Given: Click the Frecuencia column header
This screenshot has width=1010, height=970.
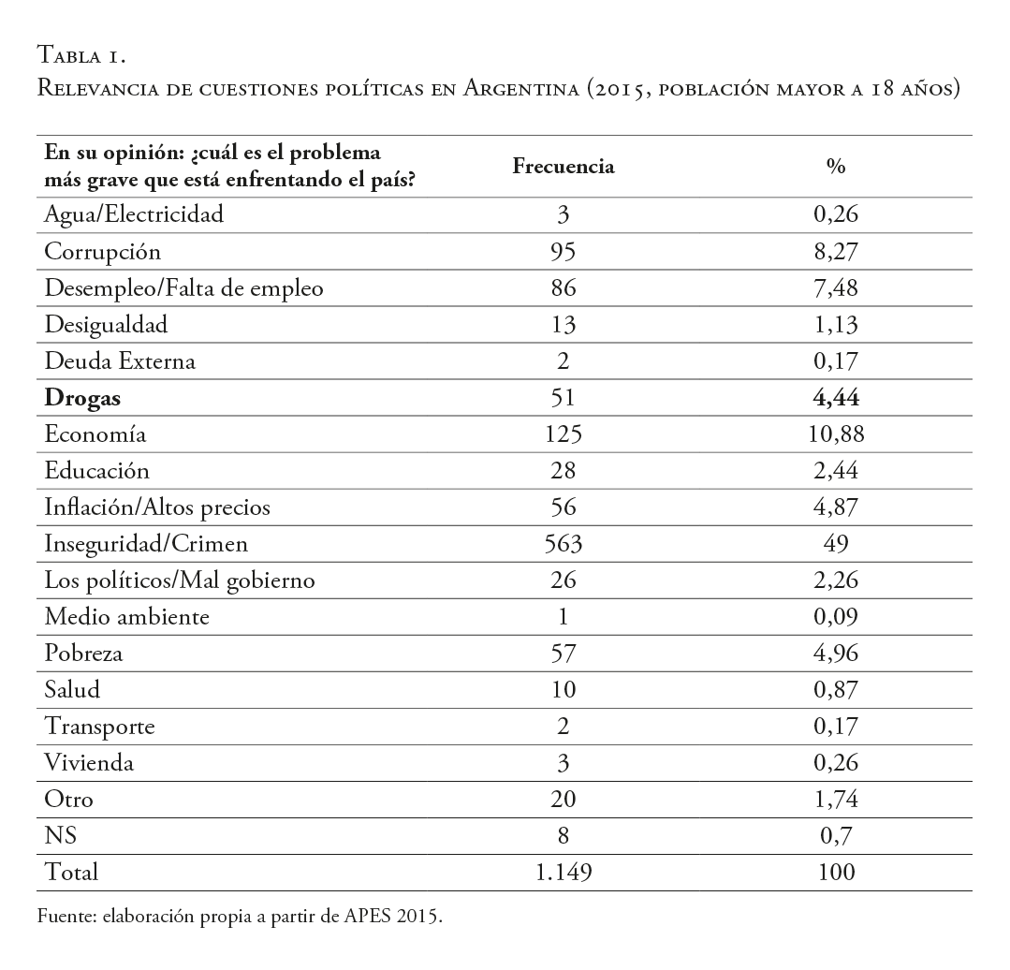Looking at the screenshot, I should coord(564,167).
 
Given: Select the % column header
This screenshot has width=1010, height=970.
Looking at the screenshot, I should coord(836,167).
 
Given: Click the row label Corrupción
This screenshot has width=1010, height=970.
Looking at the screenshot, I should coord(103,251).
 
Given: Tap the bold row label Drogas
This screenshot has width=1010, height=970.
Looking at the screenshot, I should coord(83,398).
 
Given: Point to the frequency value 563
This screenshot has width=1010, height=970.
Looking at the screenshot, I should coord(564,544).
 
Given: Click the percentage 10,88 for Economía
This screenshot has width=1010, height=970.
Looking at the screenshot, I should coord(836,434).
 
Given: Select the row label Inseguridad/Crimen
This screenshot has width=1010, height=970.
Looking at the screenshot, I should coord(147,544).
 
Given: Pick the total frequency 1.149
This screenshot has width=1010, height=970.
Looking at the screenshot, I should coord(564,872).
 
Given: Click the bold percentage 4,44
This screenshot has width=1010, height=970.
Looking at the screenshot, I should coord(836,398).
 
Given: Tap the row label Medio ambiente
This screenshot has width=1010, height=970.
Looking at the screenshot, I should coord(127,617).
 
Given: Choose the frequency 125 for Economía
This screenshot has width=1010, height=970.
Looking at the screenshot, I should coord(564,434).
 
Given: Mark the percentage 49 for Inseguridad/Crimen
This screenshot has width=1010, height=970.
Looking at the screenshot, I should coord(836,544).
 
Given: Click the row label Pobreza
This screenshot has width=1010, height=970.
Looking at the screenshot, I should coord(84,654).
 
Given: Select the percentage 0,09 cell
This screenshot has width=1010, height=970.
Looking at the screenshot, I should coord(836,617).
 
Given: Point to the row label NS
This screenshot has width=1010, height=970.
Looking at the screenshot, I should coord(60,835).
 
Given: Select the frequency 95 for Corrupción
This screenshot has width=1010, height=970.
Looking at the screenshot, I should coord(564,251).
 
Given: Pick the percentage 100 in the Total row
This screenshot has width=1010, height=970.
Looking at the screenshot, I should coord(836,872).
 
